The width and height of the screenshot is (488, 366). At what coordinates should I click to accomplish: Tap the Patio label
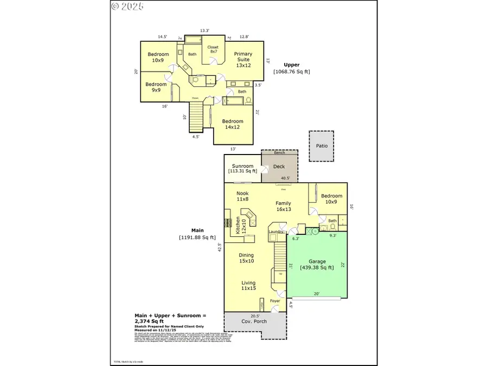(x=322, y=146)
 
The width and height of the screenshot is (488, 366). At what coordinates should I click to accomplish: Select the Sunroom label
(x=242, y=166)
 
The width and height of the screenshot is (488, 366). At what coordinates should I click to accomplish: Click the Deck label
(x=279, y=166)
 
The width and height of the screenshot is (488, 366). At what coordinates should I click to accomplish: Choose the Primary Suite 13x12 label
(x=243, y=60)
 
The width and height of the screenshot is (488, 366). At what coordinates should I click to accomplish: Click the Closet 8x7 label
(x=213, y=49)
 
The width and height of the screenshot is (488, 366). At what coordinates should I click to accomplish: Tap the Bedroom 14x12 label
(x=233, y=124)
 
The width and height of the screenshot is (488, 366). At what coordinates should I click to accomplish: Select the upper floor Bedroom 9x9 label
(x=156, y=87)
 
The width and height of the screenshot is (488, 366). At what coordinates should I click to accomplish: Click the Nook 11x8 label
(x=242, y=196)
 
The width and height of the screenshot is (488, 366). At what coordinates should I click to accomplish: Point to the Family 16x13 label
(x=283, y=206)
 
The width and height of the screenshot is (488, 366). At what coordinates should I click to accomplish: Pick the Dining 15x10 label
(x=246, y=258)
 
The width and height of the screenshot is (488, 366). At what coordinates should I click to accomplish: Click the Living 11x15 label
(x=248, y=285)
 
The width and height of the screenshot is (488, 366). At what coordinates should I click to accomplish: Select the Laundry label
(x=276, y=232)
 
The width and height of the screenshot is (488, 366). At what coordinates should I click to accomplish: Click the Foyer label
(x=275, y=300)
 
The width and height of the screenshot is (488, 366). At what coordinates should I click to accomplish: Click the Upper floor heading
(x=292, y=65)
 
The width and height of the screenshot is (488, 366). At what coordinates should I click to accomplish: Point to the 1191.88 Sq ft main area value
(x=197, y=237)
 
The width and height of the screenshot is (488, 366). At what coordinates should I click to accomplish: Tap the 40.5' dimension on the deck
(x=285, y=178)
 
